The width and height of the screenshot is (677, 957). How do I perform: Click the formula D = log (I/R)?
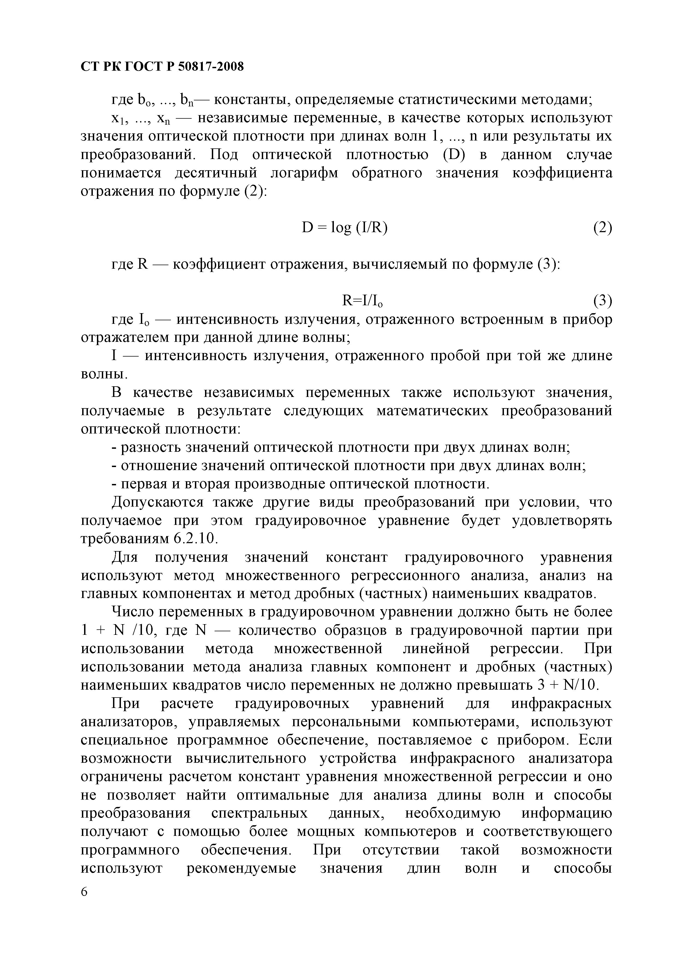coord(345,228)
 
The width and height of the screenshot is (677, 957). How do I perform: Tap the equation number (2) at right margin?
coord(602,228)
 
